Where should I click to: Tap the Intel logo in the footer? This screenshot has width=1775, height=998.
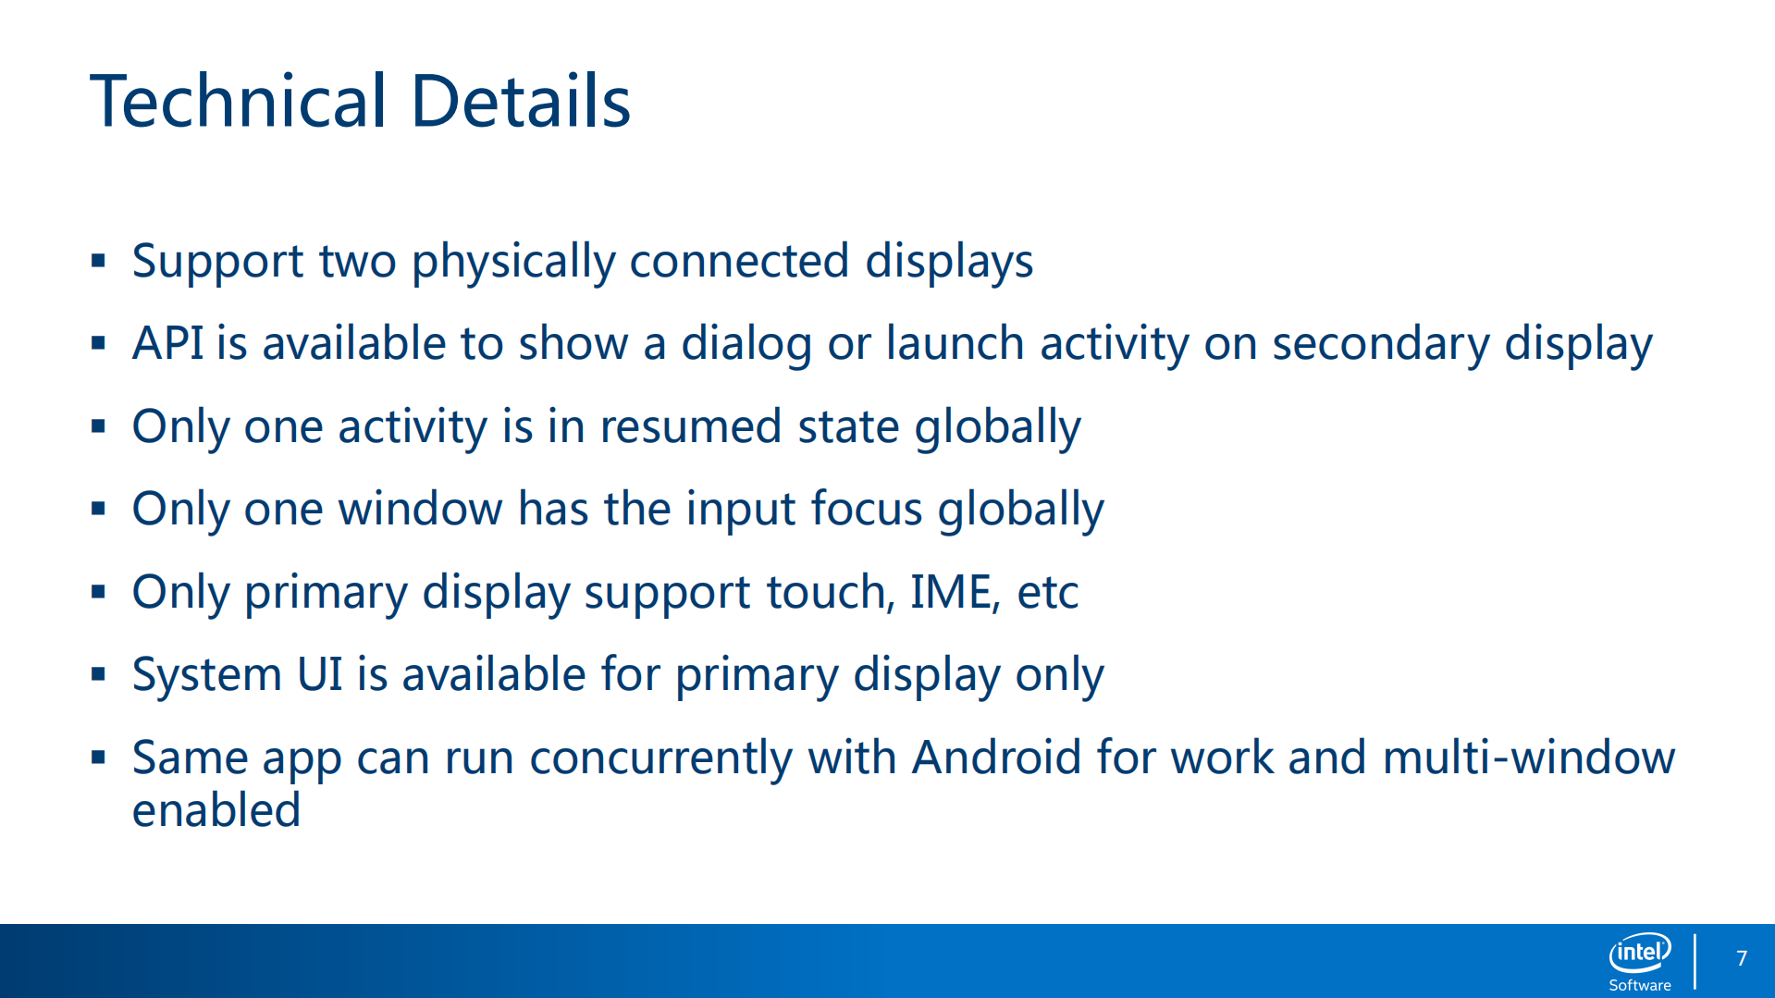tap(1640, 953)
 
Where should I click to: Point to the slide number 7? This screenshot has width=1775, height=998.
tap(1742, 958)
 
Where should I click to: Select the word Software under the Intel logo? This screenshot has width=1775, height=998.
tap(1640, 985)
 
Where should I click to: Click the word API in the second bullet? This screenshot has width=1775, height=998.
tap(167, 343)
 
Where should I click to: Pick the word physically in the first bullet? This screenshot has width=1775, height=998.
tap(513, 263)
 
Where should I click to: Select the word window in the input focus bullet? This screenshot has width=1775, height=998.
tap(420, 509)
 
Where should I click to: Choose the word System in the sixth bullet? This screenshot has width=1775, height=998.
tap(206, 675)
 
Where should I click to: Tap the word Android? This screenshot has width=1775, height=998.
tap(996, 758)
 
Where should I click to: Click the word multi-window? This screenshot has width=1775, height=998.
tap(1528, 758)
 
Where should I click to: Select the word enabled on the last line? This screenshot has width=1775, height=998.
tap(216, 810)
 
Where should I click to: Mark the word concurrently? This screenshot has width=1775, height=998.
tap(660, 759)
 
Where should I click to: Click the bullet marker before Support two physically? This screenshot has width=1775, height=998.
tap(99, 261)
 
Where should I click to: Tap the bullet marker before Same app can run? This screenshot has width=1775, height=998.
tap(99, 758)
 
